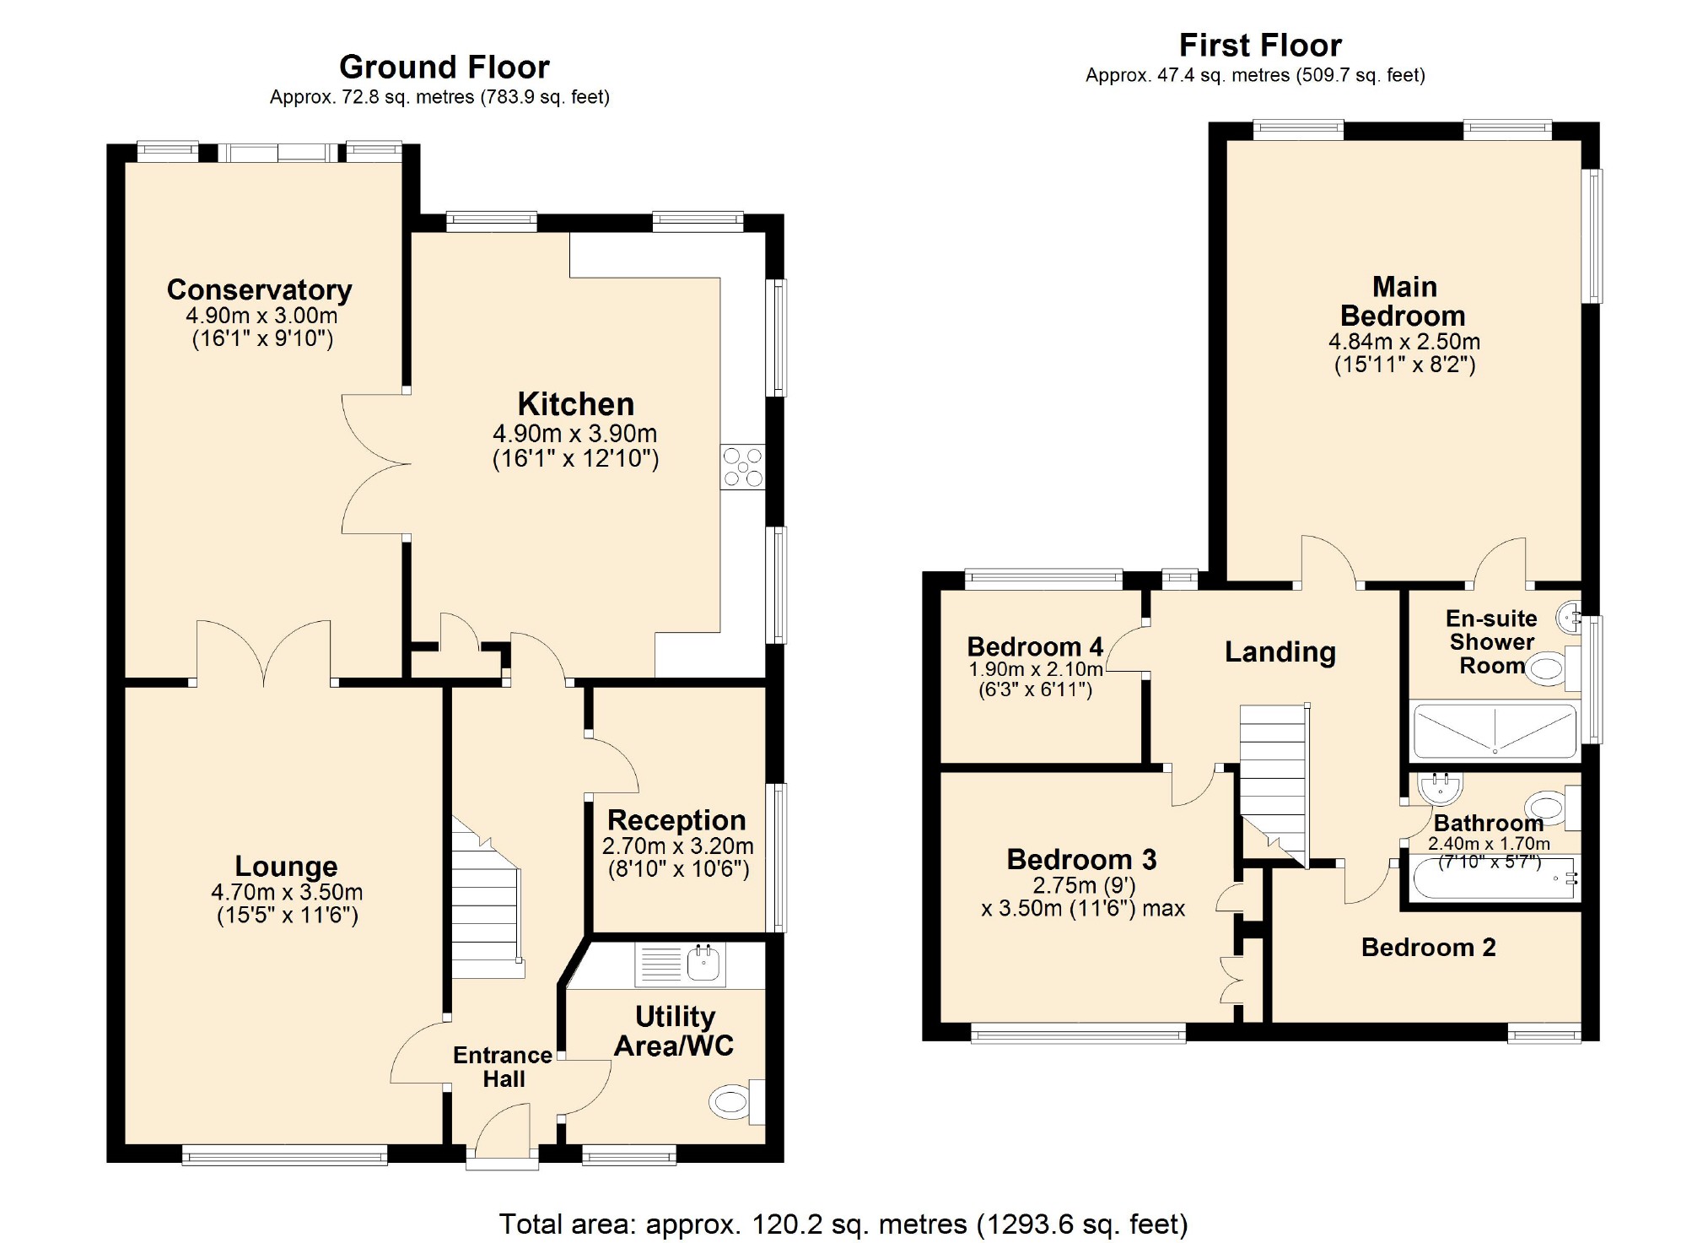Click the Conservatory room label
260,289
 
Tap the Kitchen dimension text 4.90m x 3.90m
575,434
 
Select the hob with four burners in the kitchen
743,467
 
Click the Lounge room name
286,866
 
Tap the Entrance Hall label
503,1067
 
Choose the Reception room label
676,819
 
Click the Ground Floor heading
445,67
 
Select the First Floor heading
1260,45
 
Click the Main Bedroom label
1404,301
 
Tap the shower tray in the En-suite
1495,731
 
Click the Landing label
1280,651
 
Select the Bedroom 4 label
1035,646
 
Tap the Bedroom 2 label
1429,947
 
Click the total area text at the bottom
843,1224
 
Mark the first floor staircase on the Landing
1274,785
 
